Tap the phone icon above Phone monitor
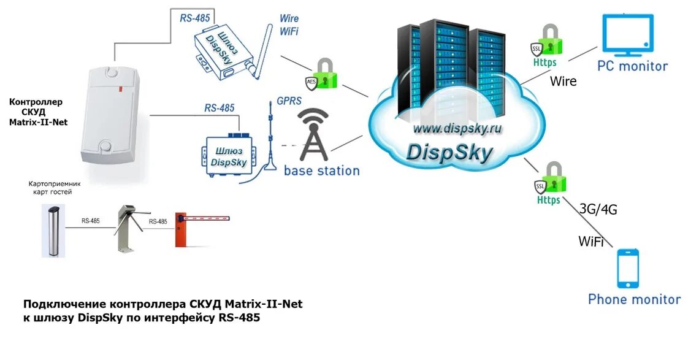(x=627, y=269)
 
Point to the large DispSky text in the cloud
(x=449, y=152)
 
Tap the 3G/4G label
(x=598, y=209)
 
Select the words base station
(x=322, y=170)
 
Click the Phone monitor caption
(x=634, y=299)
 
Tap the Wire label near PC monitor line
(x=563, y=80)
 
